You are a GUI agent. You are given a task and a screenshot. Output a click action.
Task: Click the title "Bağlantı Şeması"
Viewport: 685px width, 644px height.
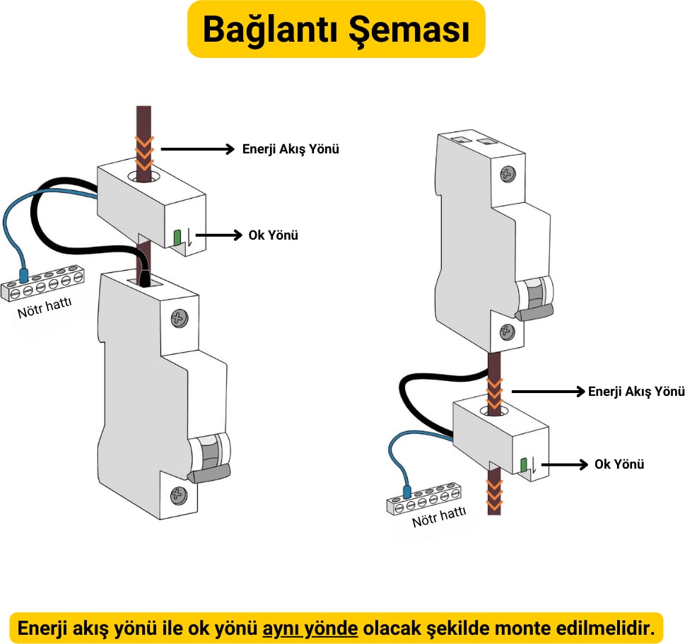(x=336, y=29)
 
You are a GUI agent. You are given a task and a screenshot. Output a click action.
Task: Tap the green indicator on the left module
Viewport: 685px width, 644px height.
(x=177, y=238)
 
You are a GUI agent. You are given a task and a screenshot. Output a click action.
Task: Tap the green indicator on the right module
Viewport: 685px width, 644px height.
(x=524, y=464)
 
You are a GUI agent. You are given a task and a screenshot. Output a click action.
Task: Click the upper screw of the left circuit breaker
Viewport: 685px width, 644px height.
(x=180, y=319)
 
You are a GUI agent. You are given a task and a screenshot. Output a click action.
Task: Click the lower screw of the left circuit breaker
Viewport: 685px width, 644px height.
(x=178, y=493)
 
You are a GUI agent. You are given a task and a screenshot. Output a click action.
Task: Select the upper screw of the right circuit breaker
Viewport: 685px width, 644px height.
(x=508, y=173)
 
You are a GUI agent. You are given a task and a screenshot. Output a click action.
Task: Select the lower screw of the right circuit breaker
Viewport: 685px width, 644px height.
(x=506, y=330)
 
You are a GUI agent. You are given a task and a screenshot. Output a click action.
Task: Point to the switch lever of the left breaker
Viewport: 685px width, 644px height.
(x=210, y=473)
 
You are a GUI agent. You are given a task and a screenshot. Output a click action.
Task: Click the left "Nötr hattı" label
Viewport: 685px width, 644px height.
(x=44, y=308)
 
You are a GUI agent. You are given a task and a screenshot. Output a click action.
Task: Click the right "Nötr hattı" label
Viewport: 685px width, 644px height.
(x=439, y=519)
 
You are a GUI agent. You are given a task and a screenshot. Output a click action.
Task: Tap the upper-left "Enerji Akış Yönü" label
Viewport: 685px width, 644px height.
(x=291, y=149)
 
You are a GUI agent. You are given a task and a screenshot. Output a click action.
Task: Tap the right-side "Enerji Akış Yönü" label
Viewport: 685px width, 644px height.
(x=636, y=391)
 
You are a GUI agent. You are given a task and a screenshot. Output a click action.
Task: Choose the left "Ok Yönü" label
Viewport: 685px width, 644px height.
(x=273, y=235)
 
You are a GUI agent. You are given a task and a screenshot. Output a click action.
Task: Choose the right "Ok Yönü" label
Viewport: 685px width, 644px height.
(x=619, y=464)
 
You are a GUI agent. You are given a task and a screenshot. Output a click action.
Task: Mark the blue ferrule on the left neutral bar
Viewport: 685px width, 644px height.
(x=23, y=274)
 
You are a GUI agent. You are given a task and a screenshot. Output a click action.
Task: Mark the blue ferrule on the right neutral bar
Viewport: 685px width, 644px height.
(x=407, y=491)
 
